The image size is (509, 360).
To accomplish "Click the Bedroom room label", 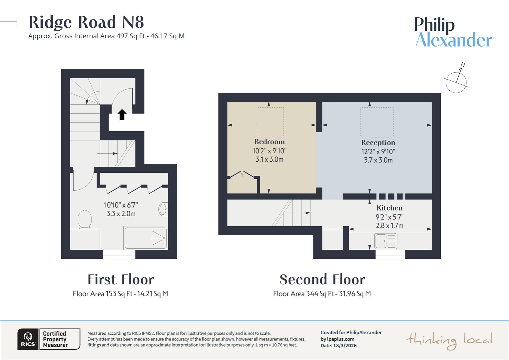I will click(269, 142).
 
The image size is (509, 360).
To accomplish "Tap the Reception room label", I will click(378, 143).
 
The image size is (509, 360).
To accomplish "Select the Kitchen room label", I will click(389, 208).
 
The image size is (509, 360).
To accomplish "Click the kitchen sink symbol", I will click(386, 241).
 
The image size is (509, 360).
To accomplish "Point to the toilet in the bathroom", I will click(84, 220).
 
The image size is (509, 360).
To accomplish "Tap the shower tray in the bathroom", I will click(145, 238).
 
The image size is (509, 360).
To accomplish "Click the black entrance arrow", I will click(122, 115).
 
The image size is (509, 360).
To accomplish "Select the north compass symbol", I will click(457, 79).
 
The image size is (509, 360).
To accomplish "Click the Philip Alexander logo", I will click(453, 32).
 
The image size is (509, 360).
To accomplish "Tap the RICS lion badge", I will click(28, 339).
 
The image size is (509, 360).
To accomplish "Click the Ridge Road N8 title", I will click(86, 22).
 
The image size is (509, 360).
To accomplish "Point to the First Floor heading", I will click(121, 279).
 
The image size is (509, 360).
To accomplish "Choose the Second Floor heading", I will click(322, 279).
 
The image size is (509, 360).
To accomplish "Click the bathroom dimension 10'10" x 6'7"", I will click(121, 205).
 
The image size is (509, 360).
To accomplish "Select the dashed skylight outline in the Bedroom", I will click(270, 122).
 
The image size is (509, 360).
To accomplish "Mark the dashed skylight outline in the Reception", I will click(377, 122).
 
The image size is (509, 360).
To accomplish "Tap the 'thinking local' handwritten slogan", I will click(449, 340).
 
